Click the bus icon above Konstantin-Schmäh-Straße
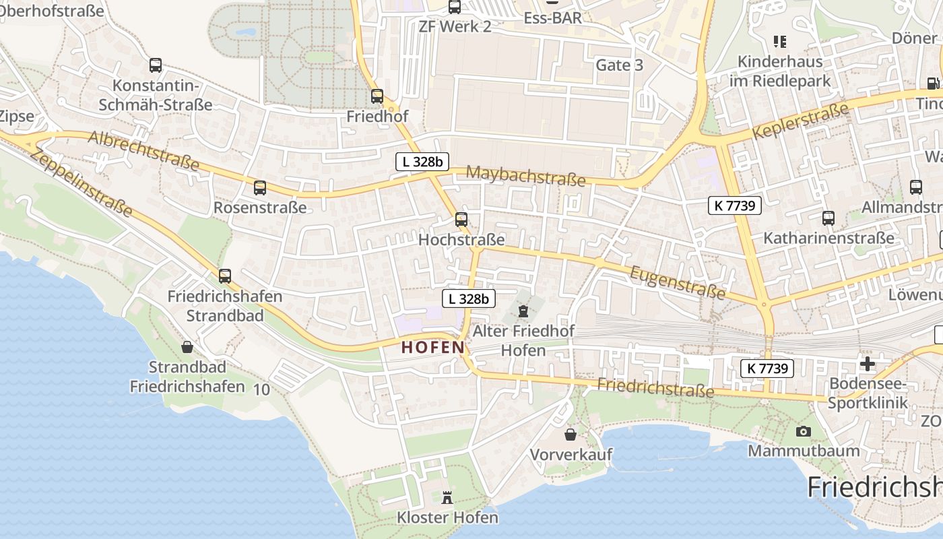156,65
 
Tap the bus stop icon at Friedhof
377,96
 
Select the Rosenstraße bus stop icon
260,188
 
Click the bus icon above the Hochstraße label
461,219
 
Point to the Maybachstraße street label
525,176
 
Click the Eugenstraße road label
678,282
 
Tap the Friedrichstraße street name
655,387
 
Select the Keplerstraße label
800,120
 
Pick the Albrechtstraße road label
143,150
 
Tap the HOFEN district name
433,348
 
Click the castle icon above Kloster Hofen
447,498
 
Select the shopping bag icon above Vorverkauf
571,435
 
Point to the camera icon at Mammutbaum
803,431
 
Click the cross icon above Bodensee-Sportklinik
868,364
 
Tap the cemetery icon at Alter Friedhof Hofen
523,311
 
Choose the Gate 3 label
619,65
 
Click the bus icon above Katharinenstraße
828,218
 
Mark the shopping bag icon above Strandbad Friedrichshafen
187,347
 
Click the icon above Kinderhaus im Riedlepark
780,42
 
